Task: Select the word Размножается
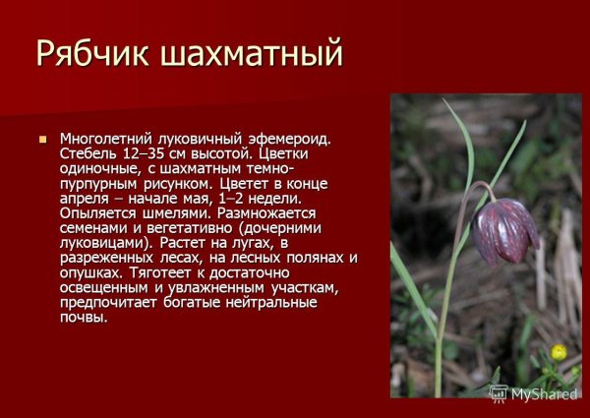point(265,212)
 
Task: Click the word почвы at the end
point(83,316)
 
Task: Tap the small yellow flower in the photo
point(559,351)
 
